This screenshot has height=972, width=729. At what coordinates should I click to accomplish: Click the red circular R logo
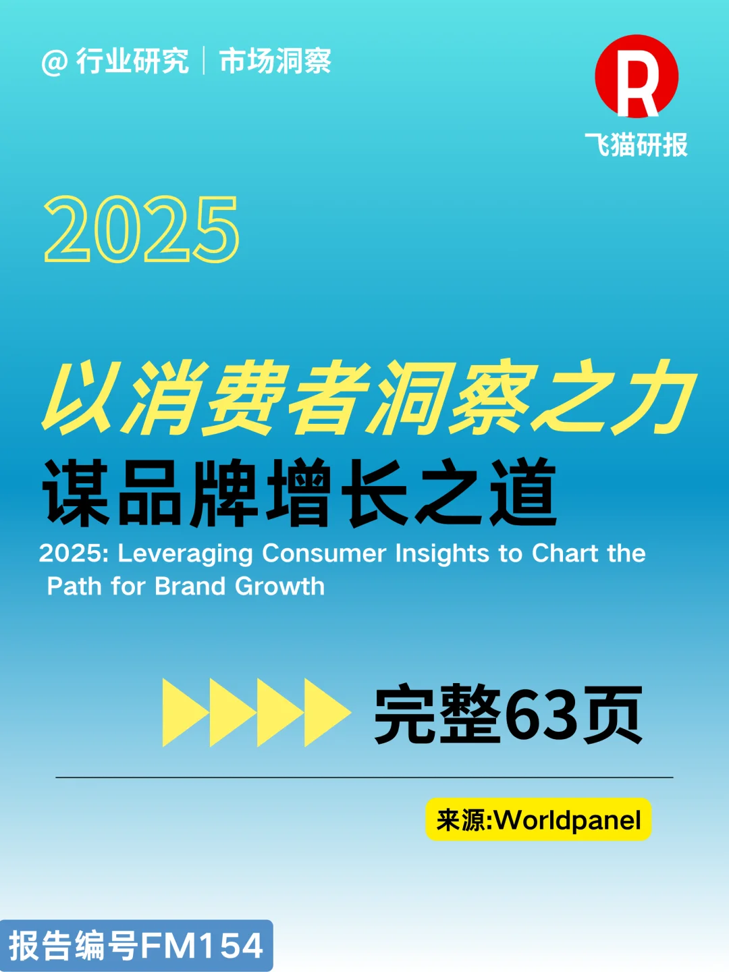tap(636, 76)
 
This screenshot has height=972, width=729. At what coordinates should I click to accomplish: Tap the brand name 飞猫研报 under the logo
tap(636, 145)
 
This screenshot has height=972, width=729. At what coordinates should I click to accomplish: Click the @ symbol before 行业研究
tap(54, 63)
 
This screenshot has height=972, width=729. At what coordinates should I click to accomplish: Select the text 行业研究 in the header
tap(132, 61)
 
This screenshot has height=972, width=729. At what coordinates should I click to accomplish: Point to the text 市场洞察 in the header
tap(275, 61)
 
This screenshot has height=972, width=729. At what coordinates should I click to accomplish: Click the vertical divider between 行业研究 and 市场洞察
tap(204, 61)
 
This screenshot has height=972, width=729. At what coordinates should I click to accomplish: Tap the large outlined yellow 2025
tap(142, 230)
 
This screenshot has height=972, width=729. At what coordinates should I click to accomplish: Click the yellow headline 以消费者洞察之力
tap(368, 398)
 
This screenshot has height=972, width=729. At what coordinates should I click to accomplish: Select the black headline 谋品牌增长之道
tap(300, 492)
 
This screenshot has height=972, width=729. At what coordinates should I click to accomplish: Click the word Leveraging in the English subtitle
tap(186, 553)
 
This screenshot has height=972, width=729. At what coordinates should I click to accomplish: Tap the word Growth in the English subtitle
tap(279, 586)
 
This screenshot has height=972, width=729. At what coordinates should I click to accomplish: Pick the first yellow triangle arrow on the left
tap(185, 713)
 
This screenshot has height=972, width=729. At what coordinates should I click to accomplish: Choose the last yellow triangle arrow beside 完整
tap(327, 713)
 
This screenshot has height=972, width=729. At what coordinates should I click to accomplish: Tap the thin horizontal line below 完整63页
tap(364, 778)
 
